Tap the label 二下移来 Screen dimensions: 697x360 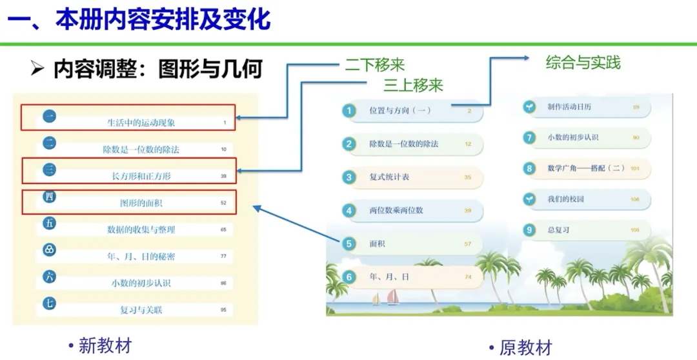pyautogui.click(x=374, y=65)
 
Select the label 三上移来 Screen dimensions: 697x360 pyautogui.click(x=413, y=85)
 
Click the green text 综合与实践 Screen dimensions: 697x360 pyautogui.click(x=583, y=63)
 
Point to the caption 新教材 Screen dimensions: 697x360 pyautogui.click(x=105, y=345)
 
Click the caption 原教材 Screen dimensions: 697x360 pyautogui.click(x=525, y=348)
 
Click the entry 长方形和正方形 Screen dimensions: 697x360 pyautogui.click(x=141, y=175)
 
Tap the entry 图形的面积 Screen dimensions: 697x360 pyautogui.click(x=141, y=203)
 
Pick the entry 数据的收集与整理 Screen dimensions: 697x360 pyautogui.click(x=141, y=230)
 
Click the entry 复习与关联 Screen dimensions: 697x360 pyautogui.click(x=141, y=310)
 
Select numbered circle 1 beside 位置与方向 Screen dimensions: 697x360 pyautogui.click(x=349, y=111)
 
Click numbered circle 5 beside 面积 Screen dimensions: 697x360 pyautogui.click(x=349, y=244)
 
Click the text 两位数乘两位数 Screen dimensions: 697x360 pyautogui.click(x=396, y=210)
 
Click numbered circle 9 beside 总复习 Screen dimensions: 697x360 pyautogui.click(x=529, y=230)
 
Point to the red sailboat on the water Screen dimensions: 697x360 pyautogui.click(x=392, y=297)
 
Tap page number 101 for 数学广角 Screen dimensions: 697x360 pyautogui.click(x=634, y=168)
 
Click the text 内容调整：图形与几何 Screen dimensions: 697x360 pyautogui.click(x=157, y=69)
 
